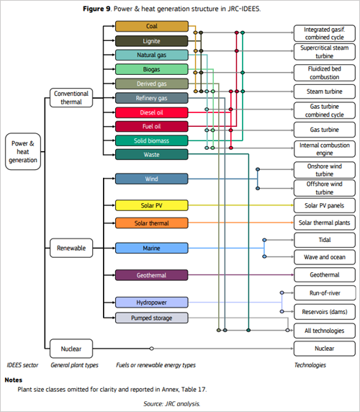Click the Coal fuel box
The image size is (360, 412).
(151, 27)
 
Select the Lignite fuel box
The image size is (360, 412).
(151, 41)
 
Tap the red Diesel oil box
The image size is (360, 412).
(151, 112)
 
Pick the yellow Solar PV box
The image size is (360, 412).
(151, 205)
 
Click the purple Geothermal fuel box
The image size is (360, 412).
(151, 274)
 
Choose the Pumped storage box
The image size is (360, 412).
(151, 317)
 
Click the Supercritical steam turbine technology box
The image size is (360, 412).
(323, 50)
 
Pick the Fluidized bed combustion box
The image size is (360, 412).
(323, 72)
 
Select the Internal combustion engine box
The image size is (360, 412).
(323, 149)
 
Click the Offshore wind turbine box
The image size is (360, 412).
(323, 188)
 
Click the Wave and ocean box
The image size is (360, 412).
(323, 256)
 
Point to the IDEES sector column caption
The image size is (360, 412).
(23, 365)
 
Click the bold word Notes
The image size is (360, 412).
(14, 380)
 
